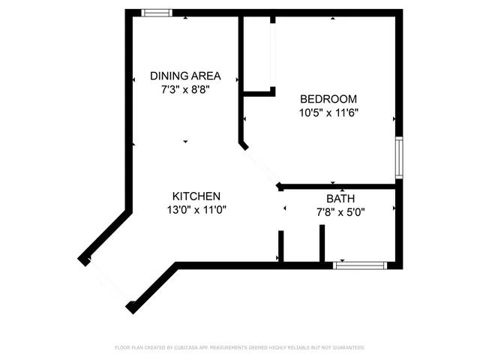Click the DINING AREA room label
[x=185, y=76]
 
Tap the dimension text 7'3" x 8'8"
[x=185, y=89]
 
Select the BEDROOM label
[x=328, y=99]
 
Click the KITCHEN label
[x=196, y=196]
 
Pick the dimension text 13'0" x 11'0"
[x=196, y=210]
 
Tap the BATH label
[x=340, y=199]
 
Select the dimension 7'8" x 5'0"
[x=340, y=212]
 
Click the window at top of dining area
[x=157, y=13]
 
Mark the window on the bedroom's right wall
[x=399, y=157]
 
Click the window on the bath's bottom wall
[x=360, y=265]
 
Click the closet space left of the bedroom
[x=257, y=52]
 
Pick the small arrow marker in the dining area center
[x=185, y=141]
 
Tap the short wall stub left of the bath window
[x=322, y=244]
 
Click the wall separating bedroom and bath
[x=337, y=185]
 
